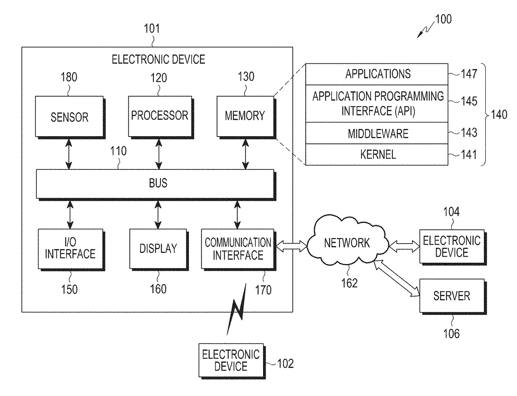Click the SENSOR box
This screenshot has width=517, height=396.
click(70, 117)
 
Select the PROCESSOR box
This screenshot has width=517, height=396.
click(161, 117)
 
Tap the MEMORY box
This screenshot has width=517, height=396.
click(246, 117)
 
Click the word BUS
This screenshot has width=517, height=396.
click(158, 183)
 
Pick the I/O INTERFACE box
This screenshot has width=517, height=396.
click(71, 249)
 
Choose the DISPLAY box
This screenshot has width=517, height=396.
click(159, 249)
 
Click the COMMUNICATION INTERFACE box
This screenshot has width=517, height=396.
click(238, 249)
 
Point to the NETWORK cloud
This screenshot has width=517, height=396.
click(348, 240)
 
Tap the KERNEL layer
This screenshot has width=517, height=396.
click(376, 154)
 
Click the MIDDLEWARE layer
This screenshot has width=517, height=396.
click(376, 133)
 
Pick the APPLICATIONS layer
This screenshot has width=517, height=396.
click(376, 74)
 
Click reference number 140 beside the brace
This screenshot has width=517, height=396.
click(499, 115)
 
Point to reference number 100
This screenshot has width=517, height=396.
click(443, 19)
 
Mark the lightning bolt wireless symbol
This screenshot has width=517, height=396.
click(236, 309)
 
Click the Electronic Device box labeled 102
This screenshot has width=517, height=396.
click(232, 361)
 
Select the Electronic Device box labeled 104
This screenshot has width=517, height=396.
click(453, 247)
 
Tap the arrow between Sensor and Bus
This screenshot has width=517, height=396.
click(69, 154)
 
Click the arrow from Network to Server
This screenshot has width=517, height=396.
click(396, 278)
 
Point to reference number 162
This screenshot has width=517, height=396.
click(349, 283)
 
